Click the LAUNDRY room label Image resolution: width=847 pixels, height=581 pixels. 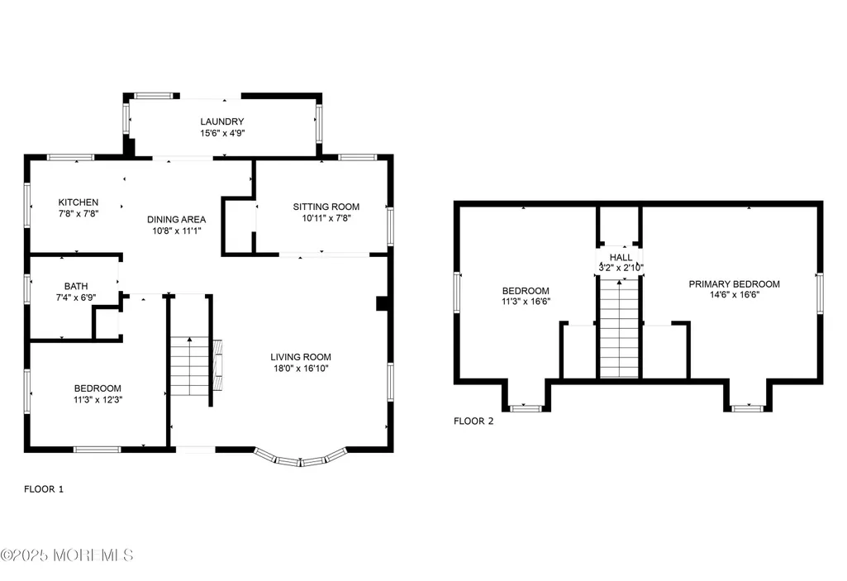click(x=222, y=121)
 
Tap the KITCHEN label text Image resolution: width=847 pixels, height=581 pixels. click(x=79, y=202)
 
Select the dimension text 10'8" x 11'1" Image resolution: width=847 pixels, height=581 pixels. click(x=177, y=231)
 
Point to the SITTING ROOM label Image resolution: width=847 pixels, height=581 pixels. click(x=326, y=207)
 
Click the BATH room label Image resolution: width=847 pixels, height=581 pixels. click(x=76, y=286)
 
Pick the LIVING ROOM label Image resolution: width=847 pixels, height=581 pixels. click(x=301, y=357)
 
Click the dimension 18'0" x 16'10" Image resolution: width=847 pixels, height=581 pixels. click(x=301, y=369)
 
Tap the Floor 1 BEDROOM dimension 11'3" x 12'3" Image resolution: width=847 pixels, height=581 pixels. click(x=98, y=400)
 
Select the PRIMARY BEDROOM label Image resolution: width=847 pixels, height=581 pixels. click(x=734, y=283)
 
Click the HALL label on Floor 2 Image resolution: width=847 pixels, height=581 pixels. click(x=621, y=257)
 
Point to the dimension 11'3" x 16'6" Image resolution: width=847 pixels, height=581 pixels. click(x=526, y=302)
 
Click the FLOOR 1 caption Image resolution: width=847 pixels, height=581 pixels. click(x=44, y=489)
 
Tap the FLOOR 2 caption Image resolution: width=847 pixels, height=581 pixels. click(x=473, y=421)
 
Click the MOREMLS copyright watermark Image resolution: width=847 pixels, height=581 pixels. click(x=67, y=555)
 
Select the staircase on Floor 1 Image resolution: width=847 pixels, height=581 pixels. click(x=189, y=366)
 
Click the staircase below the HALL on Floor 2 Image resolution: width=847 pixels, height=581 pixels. click(x=619, y=328)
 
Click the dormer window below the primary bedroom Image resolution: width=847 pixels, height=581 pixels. click(x=748, y=407)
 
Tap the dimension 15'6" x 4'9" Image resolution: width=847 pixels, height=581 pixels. click(x=222, y=133)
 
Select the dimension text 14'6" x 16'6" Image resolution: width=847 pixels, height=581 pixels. click(x=735, y=295)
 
